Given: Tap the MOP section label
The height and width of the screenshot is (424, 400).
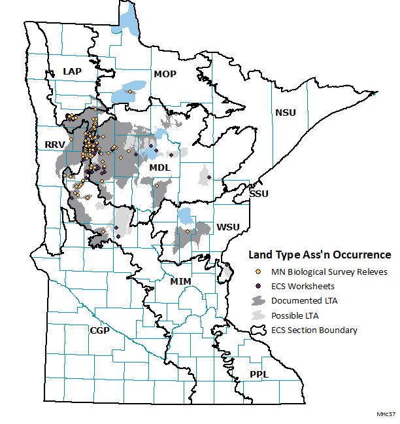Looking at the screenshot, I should [x=165, y=74].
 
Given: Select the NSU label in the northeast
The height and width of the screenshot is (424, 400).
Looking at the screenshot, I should [x=285, y=113].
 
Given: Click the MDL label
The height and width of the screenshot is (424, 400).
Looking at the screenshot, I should [x=159, y=168].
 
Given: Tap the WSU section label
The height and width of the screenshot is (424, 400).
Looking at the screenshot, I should [x=227, y=227].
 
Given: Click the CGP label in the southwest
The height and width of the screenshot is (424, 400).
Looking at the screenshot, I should [x=99, y=331].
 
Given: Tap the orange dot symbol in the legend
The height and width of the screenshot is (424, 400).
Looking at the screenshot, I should [x=259, y=272].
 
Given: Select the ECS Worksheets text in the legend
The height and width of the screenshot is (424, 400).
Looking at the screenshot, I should [x=303, y=286].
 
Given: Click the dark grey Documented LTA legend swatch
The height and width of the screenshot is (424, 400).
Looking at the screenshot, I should [x=259, y=300].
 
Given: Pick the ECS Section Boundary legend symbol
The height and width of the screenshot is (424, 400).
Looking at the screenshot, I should [x=259, y=330].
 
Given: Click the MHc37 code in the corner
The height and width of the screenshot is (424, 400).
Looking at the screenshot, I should [x=386, y=415].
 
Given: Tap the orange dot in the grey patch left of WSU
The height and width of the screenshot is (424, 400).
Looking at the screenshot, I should [x=187, y=232].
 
